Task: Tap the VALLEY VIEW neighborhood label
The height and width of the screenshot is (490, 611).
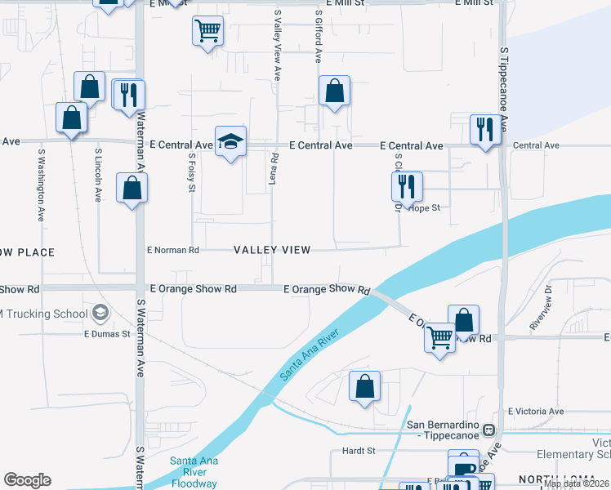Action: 272,250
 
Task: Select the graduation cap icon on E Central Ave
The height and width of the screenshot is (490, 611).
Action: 230,142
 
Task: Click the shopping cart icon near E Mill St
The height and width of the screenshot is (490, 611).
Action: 207,32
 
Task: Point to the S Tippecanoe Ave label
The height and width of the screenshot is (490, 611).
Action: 503,91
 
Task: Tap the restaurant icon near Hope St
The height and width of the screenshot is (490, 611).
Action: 406,187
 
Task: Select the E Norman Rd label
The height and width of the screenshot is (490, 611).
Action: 172,250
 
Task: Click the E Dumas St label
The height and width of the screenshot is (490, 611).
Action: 106,334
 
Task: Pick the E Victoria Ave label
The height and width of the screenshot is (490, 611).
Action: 536,412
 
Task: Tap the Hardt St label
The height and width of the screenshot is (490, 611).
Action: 359,450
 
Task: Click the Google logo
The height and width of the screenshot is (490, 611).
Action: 27,480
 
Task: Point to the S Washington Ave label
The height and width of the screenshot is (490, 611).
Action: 40,185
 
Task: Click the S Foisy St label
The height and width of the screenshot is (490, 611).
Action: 192,171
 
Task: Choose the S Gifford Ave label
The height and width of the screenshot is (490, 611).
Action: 319,38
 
